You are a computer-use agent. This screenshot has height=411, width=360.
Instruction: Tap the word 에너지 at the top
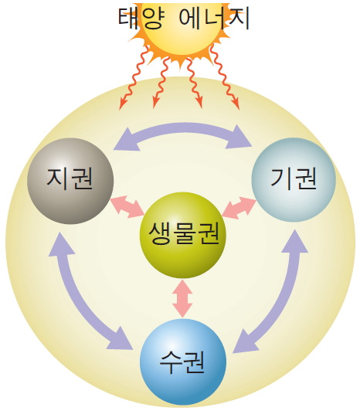[x=214, y=18]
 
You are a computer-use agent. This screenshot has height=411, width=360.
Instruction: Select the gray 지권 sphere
[x=70, y=181]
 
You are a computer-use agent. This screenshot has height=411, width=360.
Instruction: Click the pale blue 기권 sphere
[x=294, y=179]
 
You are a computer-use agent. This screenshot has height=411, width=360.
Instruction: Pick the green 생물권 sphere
[x=183, y=235]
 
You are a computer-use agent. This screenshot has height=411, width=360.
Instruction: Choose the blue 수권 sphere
[x=183, y=362]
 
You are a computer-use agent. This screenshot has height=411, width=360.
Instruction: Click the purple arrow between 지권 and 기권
[x=183, y=128]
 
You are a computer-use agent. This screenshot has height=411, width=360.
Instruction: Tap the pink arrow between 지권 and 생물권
[x=127, y=206]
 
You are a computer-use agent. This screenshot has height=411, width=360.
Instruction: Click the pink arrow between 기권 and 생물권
[x=239, y=208]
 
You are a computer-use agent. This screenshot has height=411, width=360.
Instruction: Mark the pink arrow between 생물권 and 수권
[x=183, y=298]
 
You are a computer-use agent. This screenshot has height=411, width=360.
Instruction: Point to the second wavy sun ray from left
[x=161, y=83]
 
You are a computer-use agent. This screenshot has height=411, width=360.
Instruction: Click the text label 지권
[x=70, y=178]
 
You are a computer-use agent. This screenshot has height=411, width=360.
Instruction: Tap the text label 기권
[x=294, y=178]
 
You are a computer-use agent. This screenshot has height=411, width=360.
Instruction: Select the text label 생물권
[x=183, y=233]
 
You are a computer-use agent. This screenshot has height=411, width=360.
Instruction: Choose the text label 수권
[x=182, y=362]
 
